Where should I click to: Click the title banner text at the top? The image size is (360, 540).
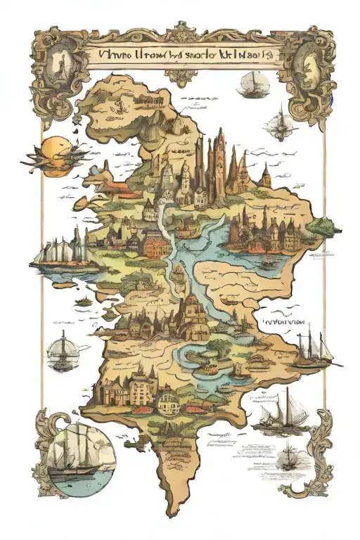[x=180, y=53]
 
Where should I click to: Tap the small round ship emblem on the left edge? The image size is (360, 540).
[x=61, y=351]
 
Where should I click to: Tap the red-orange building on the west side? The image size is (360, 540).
[x=157, y=246]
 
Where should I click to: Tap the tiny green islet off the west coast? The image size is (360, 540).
[x=83, y=300]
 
